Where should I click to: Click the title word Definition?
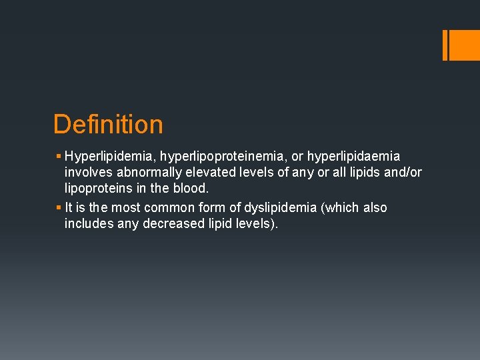(x=108, y=125)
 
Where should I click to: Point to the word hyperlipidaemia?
(x=354, y=157)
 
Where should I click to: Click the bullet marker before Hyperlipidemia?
(x=59, y=157)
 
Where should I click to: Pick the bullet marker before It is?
(x=59, y=207)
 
